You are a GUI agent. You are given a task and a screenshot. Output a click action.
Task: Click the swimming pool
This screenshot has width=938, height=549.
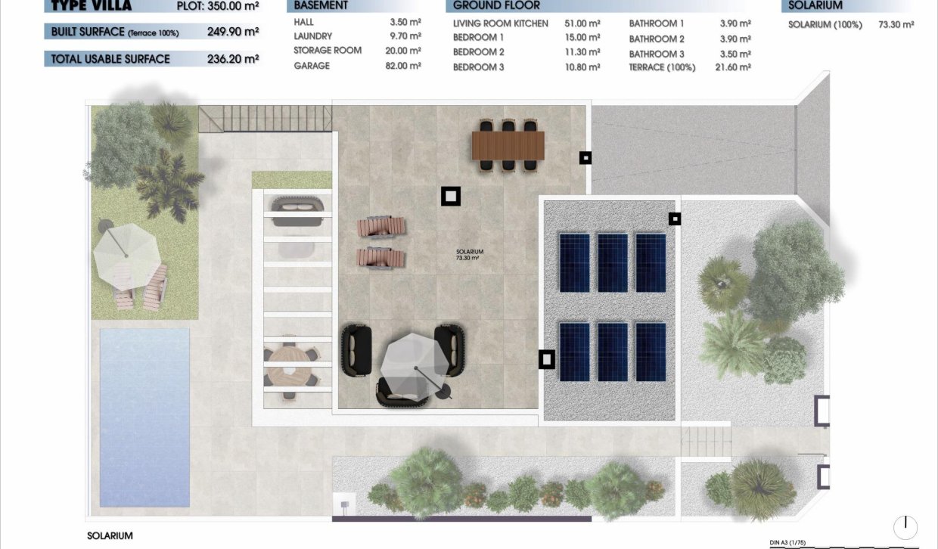[x=144, y=417]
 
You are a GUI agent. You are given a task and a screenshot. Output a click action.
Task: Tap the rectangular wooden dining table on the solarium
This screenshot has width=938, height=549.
[x=508, y=145]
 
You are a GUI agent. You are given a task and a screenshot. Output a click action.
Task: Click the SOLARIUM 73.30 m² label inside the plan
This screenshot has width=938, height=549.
[x=469, y=255]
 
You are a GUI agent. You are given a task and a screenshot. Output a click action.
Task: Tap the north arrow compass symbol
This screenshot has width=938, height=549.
[x=905, y=527]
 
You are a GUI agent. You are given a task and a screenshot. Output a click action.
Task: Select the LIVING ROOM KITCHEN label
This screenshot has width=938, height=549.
[x=500, y=23]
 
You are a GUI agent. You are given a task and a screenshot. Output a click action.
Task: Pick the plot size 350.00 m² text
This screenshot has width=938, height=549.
[x=235, y=7]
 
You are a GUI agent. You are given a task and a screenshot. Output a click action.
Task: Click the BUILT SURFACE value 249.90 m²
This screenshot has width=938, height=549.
[x=233, y=33]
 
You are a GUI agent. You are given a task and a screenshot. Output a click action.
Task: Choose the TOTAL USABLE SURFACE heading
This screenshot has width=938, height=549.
[x=110, y=59]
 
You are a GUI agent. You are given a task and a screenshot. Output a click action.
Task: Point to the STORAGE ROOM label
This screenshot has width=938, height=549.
[x=328, y=51]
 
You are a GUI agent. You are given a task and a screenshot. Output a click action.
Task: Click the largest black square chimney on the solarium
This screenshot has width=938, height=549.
[x=451, y=197]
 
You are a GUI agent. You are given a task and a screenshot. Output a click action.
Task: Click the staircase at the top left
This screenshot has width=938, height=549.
[x=266, y=119]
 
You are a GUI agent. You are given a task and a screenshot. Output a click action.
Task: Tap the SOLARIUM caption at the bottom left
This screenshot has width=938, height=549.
[x=110, y=535]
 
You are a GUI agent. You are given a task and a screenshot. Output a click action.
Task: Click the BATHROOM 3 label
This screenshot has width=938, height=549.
[x=656, y=54]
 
